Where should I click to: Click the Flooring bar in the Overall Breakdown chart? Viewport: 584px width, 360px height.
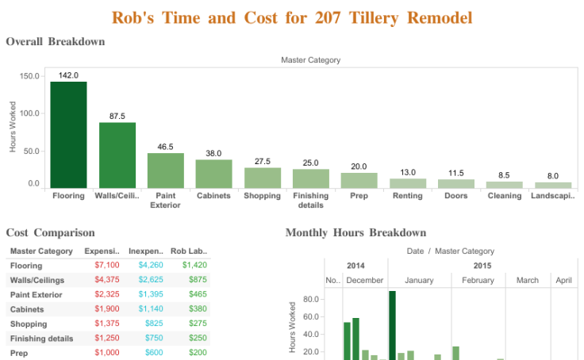point(68,135)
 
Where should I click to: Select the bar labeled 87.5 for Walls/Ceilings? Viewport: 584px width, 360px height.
point(117,155)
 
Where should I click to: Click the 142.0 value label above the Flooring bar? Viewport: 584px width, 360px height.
point(68,75)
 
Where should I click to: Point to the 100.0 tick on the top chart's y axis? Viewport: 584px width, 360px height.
point(29,113)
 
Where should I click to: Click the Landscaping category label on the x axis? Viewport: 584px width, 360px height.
point(552,195)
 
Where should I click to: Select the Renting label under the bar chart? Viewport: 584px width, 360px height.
point(407,195)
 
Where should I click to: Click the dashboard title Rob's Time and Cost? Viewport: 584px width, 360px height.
point(291,17)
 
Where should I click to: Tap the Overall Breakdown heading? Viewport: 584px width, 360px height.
point(56,41)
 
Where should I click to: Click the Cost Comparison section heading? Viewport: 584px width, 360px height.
point(50,232)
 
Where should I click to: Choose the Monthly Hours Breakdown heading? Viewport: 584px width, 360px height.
point(355,232)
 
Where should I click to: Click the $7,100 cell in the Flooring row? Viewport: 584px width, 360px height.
point(106,265)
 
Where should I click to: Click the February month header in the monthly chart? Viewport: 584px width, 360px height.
point(478,280)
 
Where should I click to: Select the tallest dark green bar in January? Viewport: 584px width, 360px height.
point(392,325)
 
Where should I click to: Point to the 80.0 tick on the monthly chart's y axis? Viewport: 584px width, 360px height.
point(310,300)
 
